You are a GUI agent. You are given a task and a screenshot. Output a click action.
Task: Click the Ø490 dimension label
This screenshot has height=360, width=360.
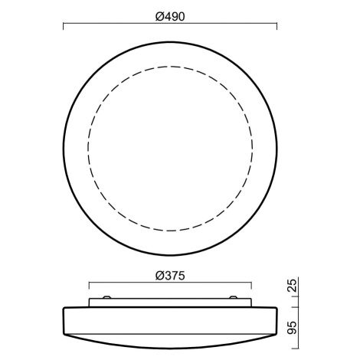170,17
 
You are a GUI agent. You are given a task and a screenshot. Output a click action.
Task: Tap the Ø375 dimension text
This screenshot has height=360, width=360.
170,276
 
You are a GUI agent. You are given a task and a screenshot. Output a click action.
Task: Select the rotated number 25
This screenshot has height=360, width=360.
293,286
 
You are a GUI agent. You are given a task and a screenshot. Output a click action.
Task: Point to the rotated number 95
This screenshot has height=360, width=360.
293,328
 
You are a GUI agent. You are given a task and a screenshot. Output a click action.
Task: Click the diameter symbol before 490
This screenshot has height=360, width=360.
159,17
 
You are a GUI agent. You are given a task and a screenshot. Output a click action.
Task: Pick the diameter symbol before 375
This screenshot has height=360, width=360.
159,276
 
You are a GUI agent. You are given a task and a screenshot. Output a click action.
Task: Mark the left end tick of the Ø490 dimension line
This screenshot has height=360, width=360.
64,26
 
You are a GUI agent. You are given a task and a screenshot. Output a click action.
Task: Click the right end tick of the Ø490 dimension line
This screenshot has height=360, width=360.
277,26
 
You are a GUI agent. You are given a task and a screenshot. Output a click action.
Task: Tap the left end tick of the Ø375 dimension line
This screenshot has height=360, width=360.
89,286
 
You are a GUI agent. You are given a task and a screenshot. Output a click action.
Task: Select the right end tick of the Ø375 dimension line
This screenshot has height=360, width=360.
252,286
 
